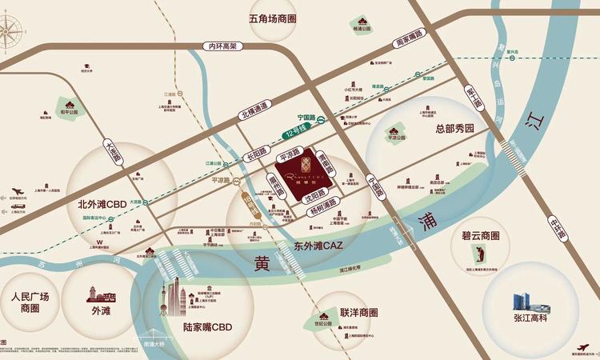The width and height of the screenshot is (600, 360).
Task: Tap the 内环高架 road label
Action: coord(221,46)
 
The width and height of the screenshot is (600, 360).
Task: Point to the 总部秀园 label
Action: coord(454,128)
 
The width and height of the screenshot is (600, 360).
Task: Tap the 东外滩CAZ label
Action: coord(318,246)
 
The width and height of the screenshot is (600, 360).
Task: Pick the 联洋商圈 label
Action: coord(358,313)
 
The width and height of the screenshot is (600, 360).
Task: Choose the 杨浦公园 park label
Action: coord(361,28)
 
